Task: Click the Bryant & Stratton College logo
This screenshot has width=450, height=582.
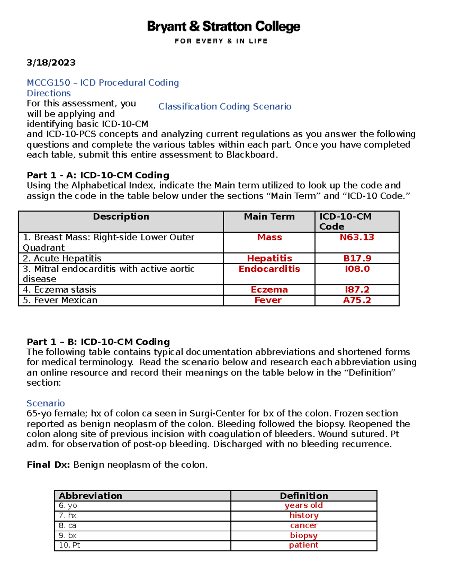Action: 223,31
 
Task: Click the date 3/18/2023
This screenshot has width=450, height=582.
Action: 51,63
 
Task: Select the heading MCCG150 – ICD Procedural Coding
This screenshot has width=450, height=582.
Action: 103,82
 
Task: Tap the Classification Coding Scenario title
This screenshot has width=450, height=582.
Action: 225,106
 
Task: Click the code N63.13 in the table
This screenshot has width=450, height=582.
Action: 357,237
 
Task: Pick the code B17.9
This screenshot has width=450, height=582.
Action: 357,258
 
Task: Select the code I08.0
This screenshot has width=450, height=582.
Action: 357,269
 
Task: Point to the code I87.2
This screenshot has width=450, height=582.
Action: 357,290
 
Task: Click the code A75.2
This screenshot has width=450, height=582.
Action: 357,300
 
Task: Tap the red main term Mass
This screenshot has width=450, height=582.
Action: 269,237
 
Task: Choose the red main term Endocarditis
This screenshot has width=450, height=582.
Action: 269,269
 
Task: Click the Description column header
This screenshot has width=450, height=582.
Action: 121,217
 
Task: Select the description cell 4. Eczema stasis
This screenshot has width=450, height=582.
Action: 60,290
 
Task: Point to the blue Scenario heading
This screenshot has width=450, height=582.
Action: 45,403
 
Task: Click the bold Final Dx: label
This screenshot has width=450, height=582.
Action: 48,465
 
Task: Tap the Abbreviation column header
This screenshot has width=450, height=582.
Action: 90,496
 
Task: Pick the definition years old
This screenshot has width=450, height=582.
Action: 303,505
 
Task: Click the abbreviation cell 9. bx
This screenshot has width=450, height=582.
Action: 67,535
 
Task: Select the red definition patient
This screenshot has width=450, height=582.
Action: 303,545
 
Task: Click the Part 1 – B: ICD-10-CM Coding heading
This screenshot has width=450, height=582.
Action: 98,342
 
